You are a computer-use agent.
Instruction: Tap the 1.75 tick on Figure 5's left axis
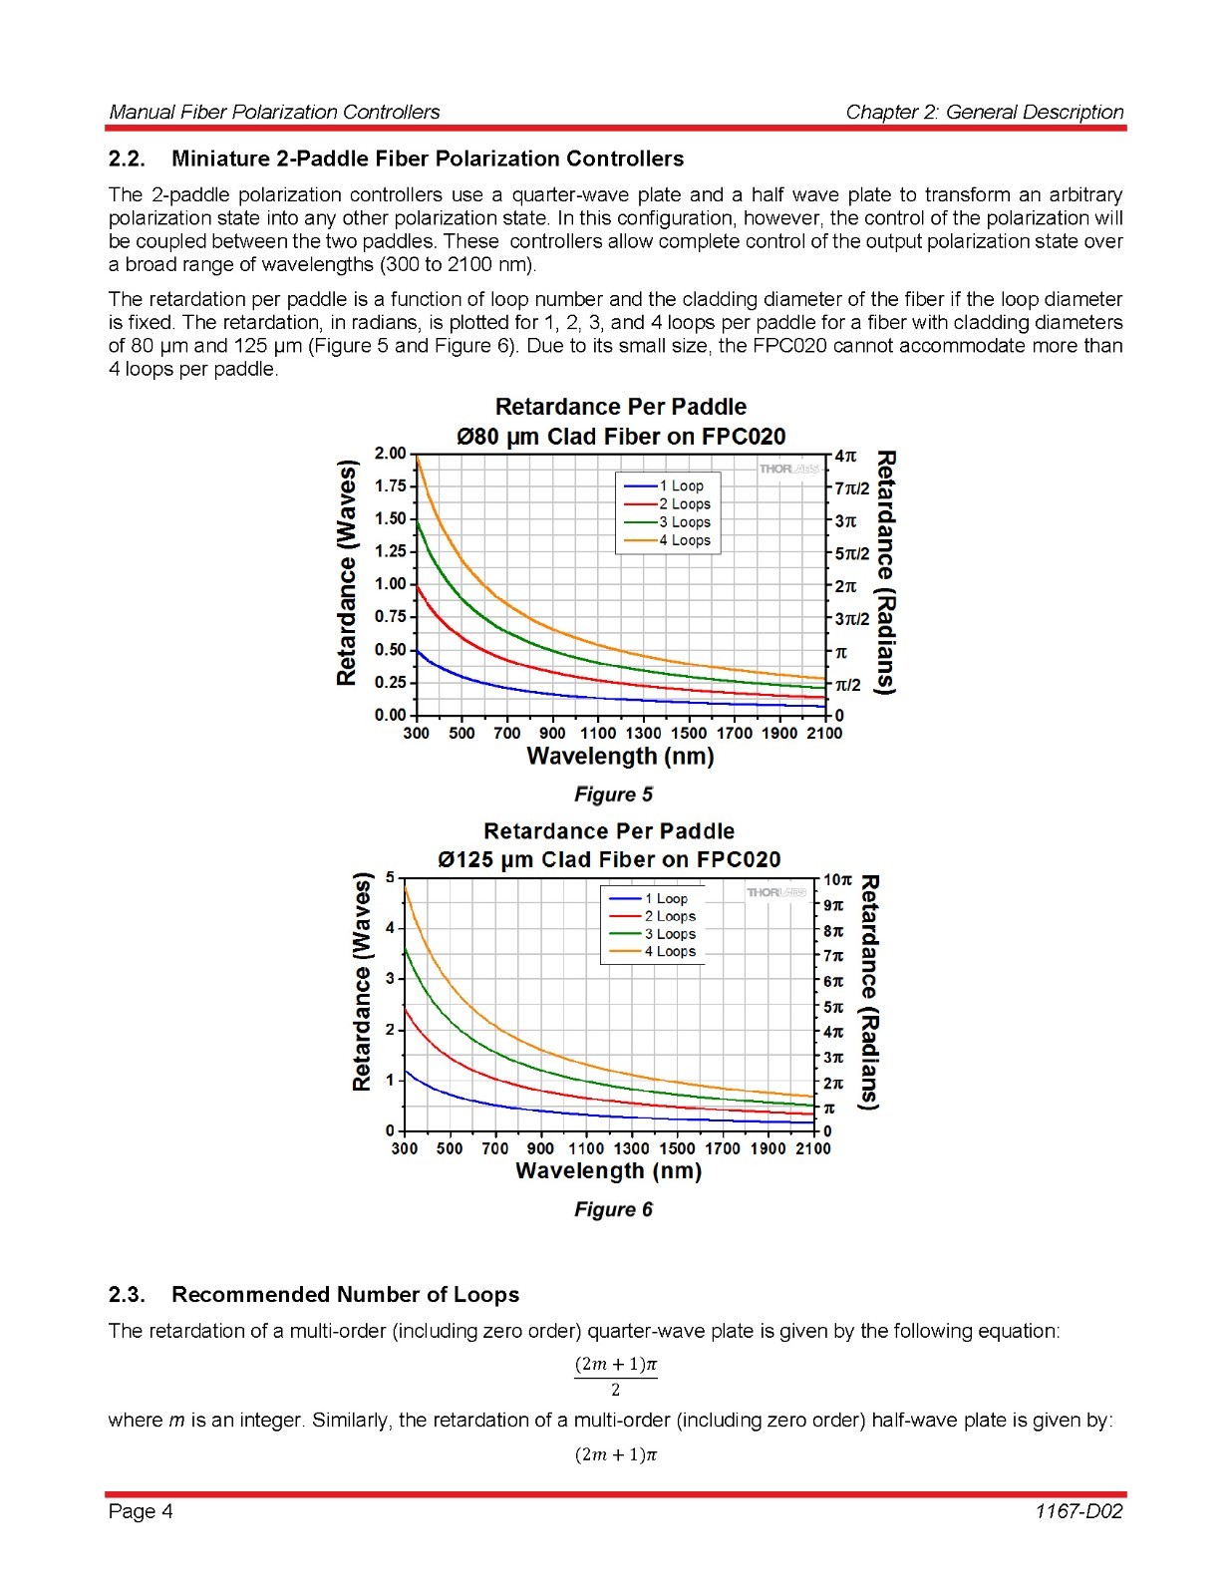[x=390, y=486]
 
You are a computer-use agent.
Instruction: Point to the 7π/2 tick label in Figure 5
[x=852, y=488]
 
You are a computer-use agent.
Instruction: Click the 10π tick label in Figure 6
[x=837, y=880]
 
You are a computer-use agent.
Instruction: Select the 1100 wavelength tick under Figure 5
[x=598, y=734]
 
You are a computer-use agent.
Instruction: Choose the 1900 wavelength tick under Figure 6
[x=768, y=1148]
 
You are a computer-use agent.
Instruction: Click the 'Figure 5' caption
[x=613, y=795]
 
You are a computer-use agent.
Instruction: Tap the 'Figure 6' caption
[x=613, y=1209]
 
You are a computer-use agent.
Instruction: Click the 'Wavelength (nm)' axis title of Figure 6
[x=608, y=1171]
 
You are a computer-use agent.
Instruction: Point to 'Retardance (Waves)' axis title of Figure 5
[x=346, y=572]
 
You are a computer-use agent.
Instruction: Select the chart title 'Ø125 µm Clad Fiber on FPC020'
[x=609, y=859]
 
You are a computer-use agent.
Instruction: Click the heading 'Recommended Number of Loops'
[x=345, y=1294]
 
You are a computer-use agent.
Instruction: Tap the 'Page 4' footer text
[x=141, y=1511]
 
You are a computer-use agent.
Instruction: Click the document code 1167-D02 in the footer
[x=1078, y=1511]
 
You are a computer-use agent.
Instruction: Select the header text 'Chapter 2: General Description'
[x=984, y=112]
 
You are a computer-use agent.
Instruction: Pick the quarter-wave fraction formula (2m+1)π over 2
[x=615, y=1375]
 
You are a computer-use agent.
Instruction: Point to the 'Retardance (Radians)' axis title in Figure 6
[x=869, y=992]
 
